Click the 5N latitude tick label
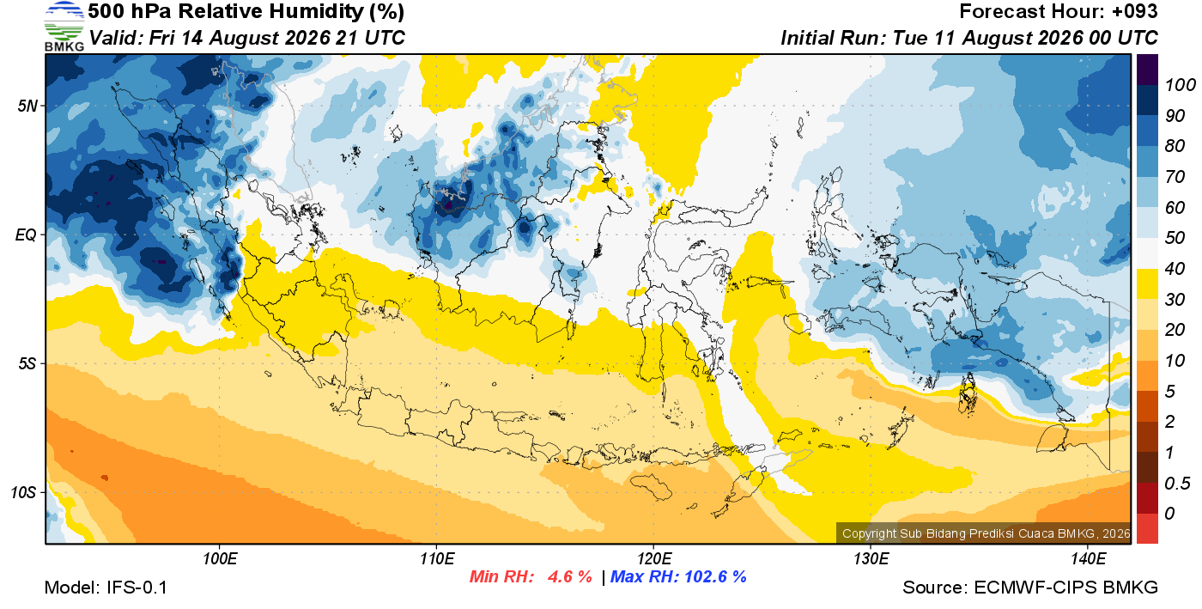(27, 106)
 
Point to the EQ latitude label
(27, 234)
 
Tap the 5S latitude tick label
(27, 363)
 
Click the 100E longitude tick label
(220, 559)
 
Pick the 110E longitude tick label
(437, 559)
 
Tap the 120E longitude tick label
(654, 559)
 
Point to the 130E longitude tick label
(871, 559)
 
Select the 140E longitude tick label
(1089, 559)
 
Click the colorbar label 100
(1180, 85)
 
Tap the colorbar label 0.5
(1177, 484)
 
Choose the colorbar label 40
(1175, 269)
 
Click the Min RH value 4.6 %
(569, 576)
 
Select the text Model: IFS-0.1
(106, 588)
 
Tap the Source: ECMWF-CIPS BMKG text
(1030, 588)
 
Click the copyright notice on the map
(986, 533)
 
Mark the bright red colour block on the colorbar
(1147, 528)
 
